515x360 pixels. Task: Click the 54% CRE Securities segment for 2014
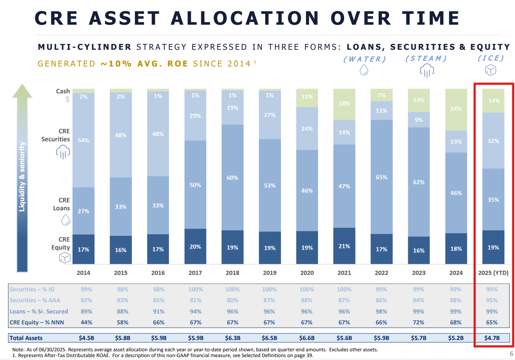(83, 140)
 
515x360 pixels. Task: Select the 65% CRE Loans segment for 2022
(381, 177)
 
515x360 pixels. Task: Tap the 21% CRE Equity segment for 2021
(344, 246)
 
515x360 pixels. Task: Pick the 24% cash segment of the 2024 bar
(456, 109)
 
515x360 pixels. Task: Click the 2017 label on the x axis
(195, 273)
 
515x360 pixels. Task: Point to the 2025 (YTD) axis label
(493, 273)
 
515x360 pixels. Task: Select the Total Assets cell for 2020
(307, 338)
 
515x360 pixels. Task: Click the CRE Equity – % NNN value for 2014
(86, 322)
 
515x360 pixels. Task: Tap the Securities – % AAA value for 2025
(492, 300)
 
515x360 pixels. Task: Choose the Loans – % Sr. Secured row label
(39, 311)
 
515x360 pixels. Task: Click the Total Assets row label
(26, 338)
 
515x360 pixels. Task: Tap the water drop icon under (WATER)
(364, 70)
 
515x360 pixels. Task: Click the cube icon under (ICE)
(491, 70)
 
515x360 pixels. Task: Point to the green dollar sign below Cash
(67, 99)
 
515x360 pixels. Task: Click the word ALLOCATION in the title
(245, 18)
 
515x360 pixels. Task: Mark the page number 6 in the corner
(511, 354)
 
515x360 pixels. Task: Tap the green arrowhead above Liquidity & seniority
(22, 91)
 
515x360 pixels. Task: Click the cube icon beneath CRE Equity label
(65, 258)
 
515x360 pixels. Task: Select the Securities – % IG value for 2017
(196, 290)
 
